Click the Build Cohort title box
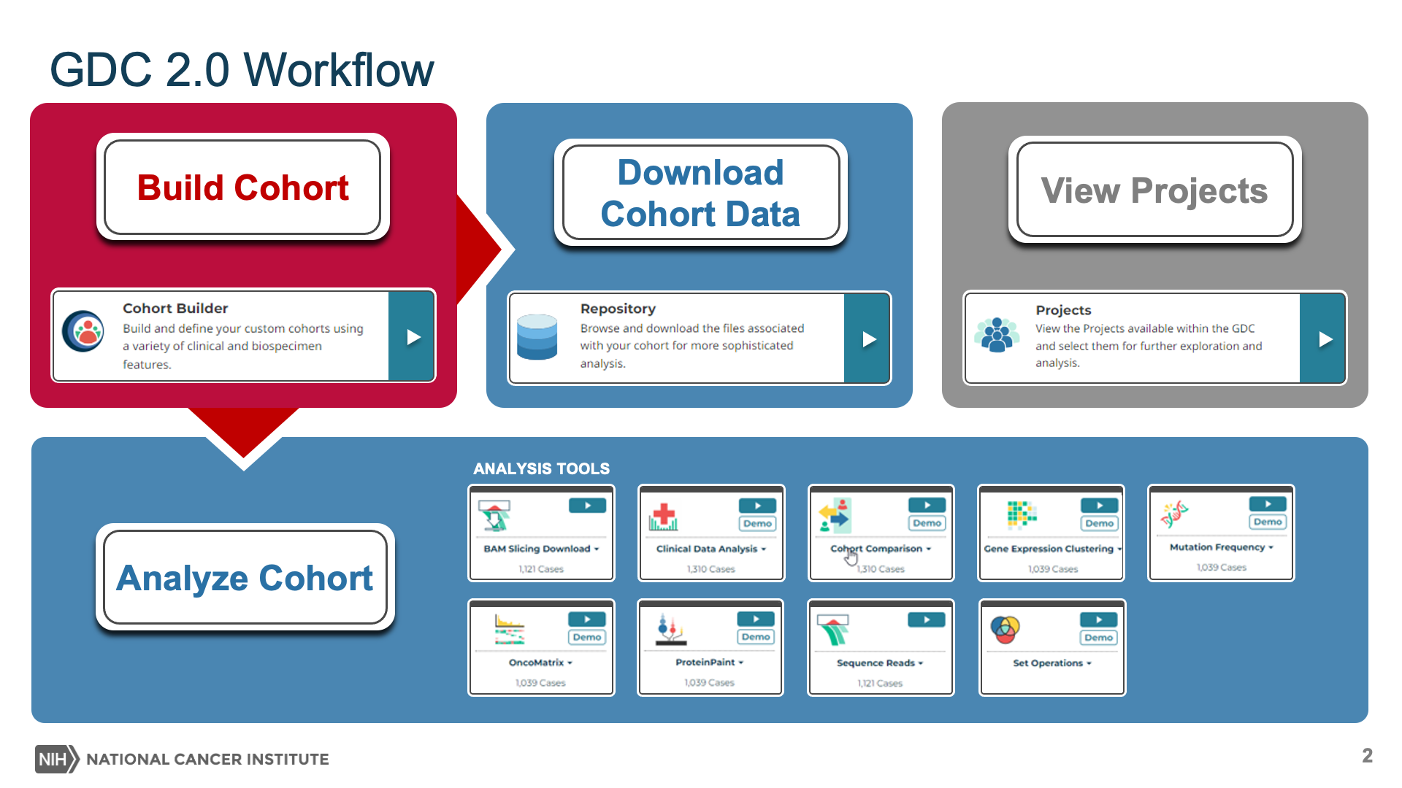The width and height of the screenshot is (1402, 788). coord(242,187)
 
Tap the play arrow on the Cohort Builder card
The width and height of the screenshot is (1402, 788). coord(413,337)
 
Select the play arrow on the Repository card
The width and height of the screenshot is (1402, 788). coord(869,339)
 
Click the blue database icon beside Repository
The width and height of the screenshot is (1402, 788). coord(537,336)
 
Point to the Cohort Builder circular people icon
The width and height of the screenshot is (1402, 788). coord(83,331)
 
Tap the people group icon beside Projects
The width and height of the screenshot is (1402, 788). coord(996,336)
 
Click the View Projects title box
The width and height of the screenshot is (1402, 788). coord(1154,190)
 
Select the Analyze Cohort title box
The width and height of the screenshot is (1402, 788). coord(245,577)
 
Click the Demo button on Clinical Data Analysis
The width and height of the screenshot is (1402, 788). coord(757,523)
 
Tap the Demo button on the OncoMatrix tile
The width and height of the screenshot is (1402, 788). coord(587,637)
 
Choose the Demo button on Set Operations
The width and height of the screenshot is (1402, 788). coord(1098,637)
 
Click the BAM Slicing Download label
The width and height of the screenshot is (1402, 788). coord(537,549)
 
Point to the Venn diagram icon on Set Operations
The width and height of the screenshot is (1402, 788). coord(1005,629)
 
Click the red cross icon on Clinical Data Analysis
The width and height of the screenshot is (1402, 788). coord(664,515)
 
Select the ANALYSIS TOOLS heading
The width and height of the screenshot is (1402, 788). coord(541,468)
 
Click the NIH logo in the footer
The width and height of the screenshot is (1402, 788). coord(56,759)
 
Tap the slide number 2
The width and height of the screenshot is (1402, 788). coord(1367,756)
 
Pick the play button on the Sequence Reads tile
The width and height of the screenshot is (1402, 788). coord(927,620)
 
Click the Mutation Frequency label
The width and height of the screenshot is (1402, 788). coord(1217,547)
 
